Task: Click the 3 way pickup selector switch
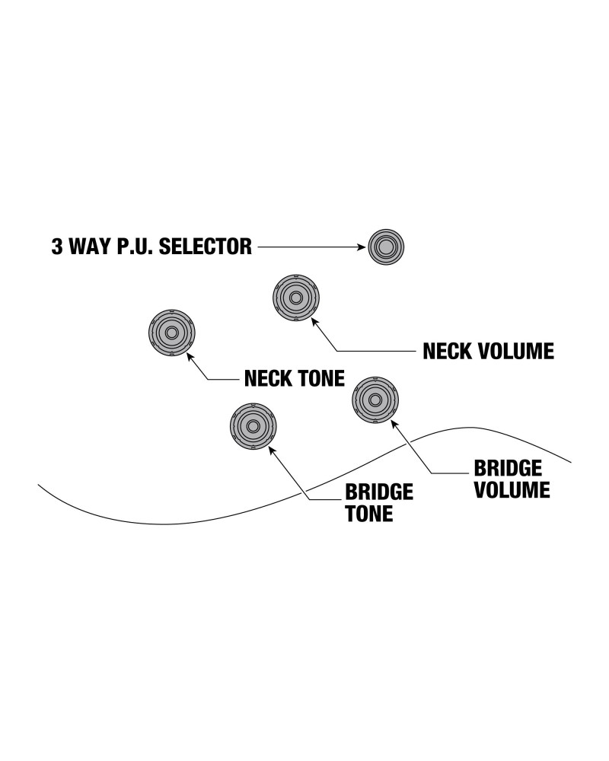tap(386, 247)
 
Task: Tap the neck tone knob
tap(171, 333)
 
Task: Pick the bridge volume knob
tap(375, 400)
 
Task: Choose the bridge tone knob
tap(253, 426)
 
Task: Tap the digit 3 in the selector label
tap(57, 247)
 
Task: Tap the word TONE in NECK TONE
tap(321, 377)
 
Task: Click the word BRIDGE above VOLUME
tap(508, 467)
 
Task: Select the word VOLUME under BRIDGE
tap(512, 489)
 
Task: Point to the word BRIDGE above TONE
tap(379, 492)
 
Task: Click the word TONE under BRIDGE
tap(369, 514)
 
